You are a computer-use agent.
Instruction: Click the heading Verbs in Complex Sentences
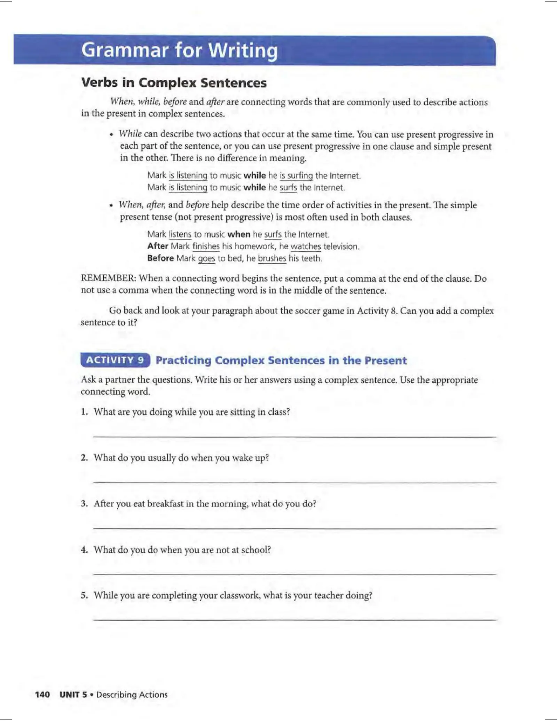click(174, 83)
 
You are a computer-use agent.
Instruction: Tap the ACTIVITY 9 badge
click(115, 360)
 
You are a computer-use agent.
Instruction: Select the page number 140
click(42, 694)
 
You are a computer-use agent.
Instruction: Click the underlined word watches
click(306, 246)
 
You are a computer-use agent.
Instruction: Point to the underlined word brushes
click(272, 258)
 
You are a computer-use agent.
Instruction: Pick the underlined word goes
click(206, 258)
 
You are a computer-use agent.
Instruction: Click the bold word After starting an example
click(158, 246)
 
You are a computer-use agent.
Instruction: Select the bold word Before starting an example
click(160, 258)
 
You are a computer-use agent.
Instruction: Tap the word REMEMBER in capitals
click(109, 278)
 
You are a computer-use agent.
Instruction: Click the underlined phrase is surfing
click(296, 175)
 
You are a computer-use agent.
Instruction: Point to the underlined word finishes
click(206, 246)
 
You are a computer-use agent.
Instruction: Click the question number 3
click(84, 503)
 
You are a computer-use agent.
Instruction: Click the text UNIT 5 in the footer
click(73, 694)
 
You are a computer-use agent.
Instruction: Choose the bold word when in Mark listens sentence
click(239, 234)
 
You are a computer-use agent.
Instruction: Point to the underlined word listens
click(180, 234)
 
